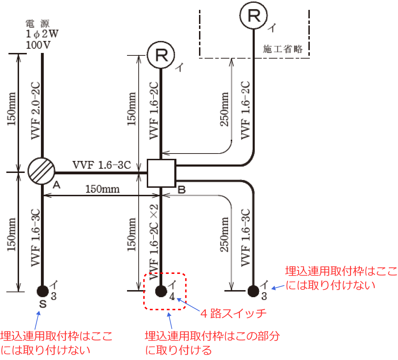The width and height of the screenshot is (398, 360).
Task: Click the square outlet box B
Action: pyautogui.click(x=161, y=173)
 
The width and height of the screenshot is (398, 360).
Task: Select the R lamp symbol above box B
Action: pyautogui.click(x=161, y=55)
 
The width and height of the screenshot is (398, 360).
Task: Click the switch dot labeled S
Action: pyautogui.click(x=42, y=291)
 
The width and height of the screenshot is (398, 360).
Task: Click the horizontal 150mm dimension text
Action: pyautogui.click(x=102, y=189)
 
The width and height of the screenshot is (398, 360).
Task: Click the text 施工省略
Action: pyautogui.click(x=283, y=49)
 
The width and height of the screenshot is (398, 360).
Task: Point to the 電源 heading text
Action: pyautogui.click(x=38, y=24)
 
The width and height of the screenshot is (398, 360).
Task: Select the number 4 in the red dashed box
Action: pyautogui.click(x=172, y=296)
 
